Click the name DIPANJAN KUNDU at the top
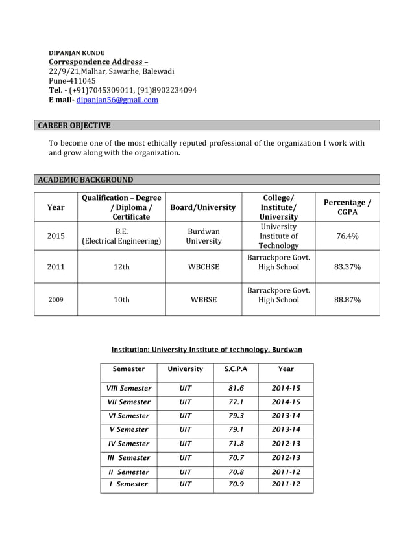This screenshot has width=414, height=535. pos(77,52)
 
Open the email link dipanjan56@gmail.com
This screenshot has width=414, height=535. pos(117,100)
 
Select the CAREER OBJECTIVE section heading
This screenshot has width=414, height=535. pos(73,125)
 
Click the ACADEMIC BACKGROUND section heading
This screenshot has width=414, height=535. pos(84,179)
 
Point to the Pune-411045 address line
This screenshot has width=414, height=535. pos(72,81)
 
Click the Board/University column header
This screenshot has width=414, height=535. pos(202,207)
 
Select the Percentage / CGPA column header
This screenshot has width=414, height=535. pos(347,207)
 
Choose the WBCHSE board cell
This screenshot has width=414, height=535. pos(203,266)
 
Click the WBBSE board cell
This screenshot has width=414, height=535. pos(203,300)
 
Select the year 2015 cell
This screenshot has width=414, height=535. pos(56,236)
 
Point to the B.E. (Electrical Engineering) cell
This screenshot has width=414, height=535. pos(121,236)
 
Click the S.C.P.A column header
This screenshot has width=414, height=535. pos(236,369)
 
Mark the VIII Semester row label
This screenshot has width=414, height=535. pos(129,389)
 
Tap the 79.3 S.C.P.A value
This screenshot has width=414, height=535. pos(236,416)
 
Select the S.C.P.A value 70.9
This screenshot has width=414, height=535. pos(236,484)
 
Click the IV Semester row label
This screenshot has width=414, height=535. pos(129,444)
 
